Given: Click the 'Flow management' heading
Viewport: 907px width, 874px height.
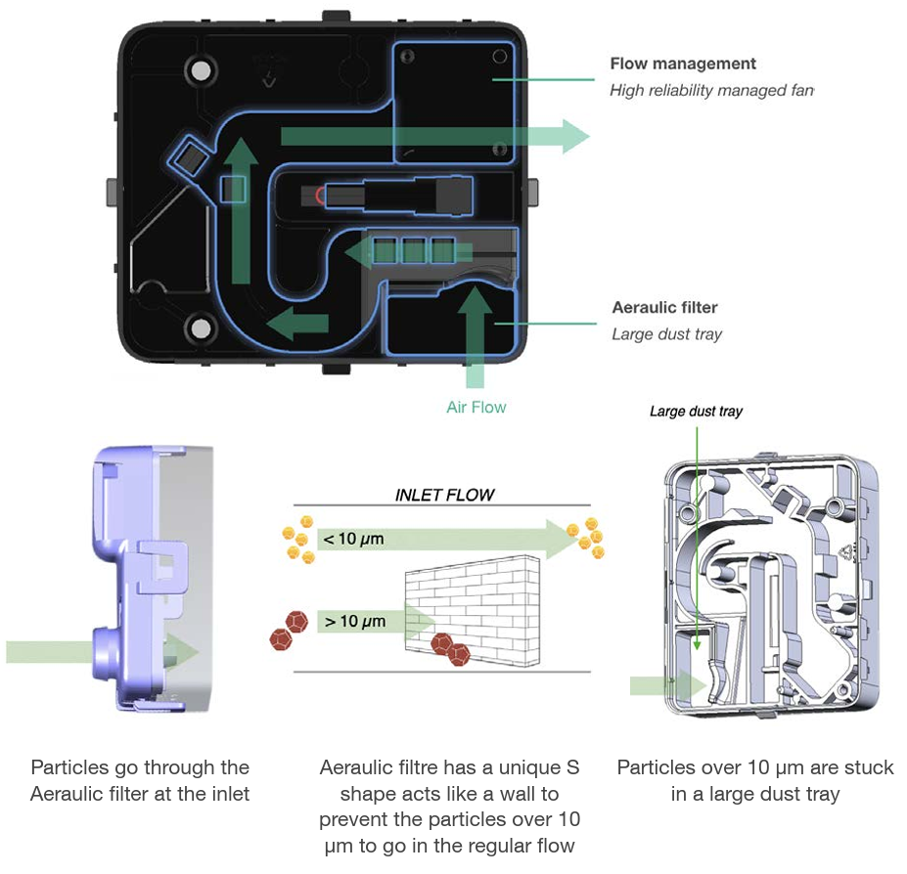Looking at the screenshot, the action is [x=683, y=64].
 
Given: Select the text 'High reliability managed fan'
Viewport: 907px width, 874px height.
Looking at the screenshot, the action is [x=711, y=90].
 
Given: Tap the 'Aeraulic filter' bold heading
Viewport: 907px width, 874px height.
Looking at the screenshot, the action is [x=664, y=308].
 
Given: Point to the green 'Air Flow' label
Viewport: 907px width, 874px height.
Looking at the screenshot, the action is [x=476, y=408].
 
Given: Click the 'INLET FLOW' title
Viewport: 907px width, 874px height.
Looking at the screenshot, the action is [x=444, y=495].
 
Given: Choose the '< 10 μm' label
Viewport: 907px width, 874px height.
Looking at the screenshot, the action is [x=353, y=540].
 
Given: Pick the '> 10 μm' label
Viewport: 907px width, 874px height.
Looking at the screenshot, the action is [x=354, y=622].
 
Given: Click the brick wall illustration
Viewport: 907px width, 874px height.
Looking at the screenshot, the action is [x=473, y=610].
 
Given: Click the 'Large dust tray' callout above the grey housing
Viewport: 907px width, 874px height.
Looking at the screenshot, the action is [x=696, y=412].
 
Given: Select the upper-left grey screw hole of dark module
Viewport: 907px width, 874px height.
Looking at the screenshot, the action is [x=201, y=71].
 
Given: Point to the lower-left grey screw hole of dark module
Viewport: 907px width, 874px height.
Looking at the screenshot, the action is [x=201, y=328].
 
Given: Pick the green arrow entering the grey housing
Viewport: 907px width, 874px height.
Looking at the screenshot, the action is [x=668, y=686].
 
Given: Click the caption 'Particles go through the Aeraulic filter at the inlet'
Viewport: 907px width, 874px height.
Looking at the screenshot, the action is [x=140, y=780].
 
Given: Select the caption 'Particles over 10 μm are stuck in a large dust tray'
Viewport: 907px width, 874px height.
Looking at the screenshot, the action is [x=755, y=780].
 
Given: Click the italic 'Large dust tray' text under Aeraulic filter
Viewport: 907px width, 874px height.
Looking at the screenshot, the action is [x=667, y=334].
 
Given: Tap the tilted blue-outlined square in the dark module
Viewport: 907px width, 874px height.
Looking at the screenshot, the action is [x=188, y=155].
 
